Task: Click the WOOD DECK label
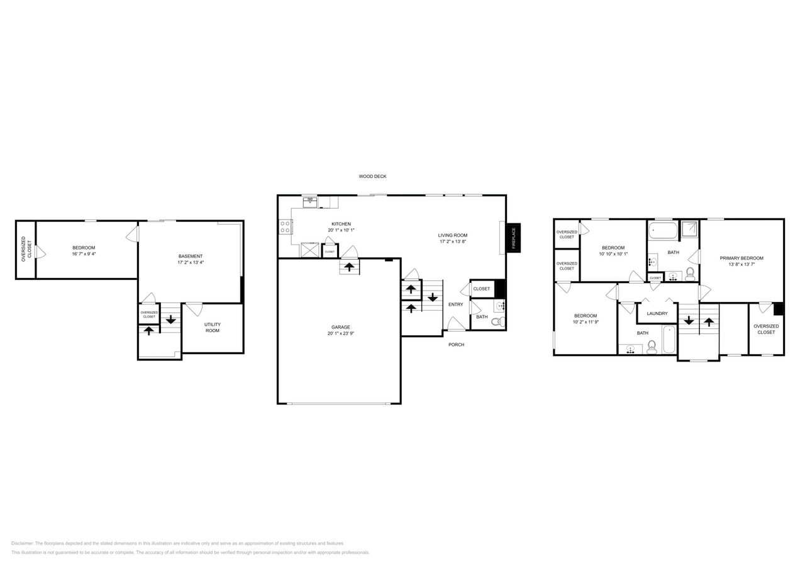(x=372, y=177)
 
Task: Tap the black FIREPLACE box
(x=513, y=238)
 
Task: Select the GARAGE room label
(x=341, y=327)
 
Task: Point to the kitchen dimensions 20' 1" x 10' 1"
(x=341, y=230)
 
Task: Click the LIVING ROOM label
(x=453, y=235)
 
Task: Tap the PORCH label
(x=456, y=345)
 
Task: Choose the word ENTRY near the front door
(x=455, y=304)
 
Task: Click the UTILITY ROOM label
(x=213, y=328)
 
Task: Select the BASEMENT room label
(x=191, y=256)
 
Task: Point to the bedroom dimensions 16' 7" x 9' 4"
(x=84, y=254)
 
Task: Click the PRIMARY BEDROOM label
(x=742, y=258)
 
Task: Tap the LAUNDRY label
(x=657, y=313)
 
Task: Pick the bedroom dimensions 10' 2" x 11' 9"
(x=586, y=322)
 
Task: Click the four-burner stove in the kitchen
(x=286, y=226)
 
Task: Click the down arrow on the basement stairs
(x=170, y=319)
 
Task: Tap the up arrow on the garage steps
(x=349, y=267)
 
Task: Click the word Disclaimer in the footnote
(x=23, y=543)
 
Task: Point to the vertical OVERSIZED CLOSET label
(x=26, y=249)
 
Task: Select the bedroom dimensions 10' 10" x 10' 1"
(x=613, y=254)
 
